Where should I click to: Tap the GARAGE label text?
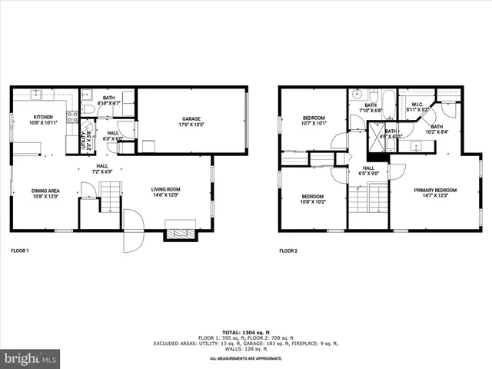coord(191,118)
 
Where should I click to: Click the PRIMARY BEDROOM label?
coord(435,190)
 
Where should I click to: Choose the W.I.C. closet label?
coord(417,105)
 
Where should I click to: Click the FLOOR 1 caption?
coord(20,251)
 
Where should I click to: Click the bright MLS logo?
coord(31,358)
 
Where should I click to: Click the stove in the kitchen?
coord(71,117)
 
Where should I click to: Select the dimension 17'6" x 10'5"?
coord(191,125)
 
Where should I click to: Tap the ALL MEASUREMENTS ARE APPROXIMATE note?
coord(246,358)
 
